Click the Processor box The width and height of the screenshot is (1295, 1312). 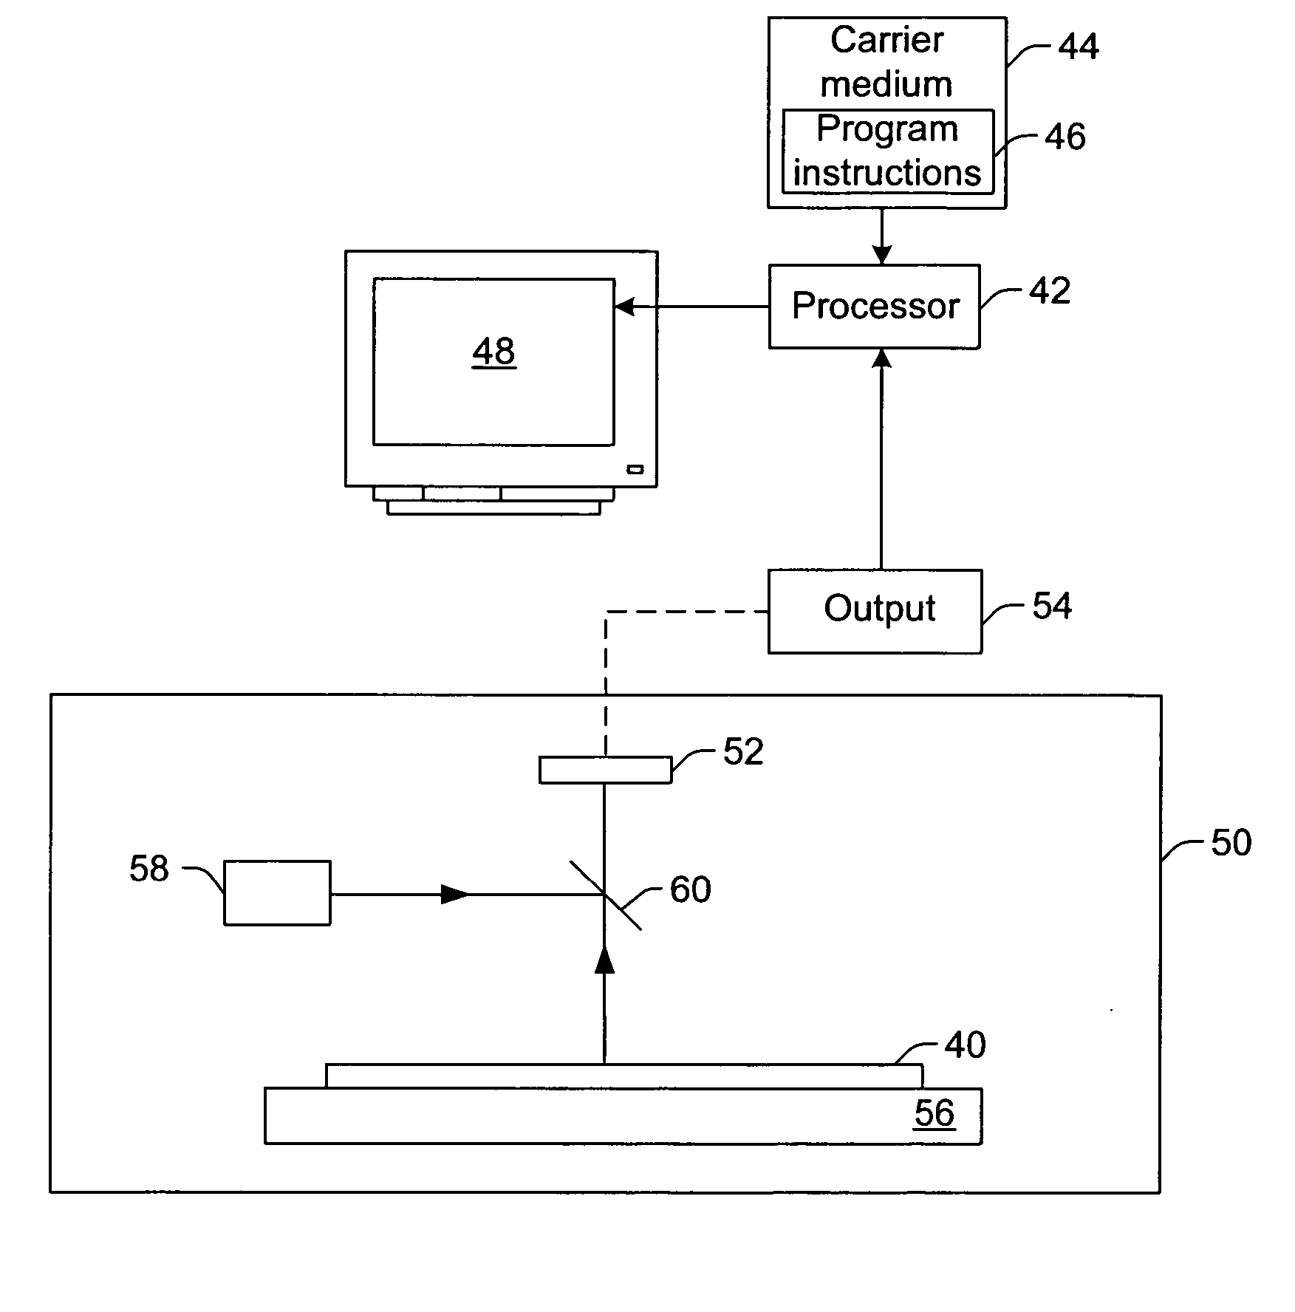875,307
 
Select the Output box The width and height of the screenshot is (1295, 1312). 875,611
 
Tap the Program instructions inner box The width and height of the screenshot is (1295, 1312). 887,152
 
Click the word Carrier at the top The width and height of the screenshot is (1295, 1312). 886,40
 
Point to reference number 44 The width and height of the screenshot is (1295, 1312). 1079,47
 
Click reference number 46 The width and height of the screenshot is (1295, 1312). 1065,137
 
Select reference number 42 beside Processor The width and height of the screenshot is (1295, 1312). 1050,291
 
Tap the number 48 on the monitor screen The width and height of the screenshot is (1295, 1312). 493,352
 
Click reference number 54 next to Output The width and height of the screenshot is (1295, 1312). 1052,607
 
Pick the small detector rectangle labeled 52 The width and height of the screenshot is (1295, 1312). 605,770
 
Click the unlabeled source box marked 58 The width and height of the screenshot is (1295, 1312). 277,892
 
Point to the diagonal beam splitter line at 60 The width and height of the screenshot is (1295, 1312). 605,895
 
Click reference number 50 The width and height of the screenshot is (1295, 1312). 1231,842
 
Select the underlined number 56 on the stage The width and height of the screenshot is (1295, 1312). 934,1113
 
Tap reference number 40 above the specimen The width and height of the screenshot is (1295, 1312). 965,1045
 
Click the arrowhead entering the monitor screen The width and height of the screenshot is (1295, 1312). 625,307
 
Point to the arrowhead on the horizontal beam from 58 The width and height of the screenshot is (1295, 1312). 454,895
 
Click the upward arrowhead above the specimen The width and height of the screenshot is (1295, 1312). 605,960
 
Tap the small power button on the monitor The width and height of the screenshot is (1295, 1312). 635,469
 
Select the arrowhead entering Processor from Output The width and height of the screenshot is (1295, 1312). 881,358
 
